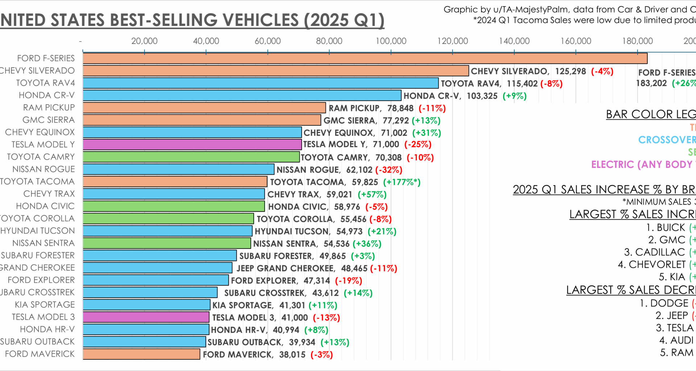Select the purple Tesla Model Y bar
(x=192, y=145)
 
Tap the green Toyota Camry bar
(x=191, y=157)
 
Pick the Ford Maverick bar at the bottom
(x=141, y=354)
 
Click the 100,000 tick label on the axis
(x=391, y=41)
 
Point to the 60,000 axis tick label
(x=268, y=41)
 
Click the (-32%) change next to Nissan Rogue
(x=389, y=170)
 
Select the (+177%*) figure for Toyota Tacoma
(x=402, y=182)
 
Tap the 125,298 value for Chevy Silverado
(x=571, y=71)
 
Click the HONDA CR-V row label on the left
(x=47, y=95)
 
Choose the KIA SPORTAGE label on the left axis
(x=45, y=305)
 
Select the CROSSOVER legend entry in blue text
(x=666, y=140)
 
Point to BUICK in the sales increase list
(x=671, y=228)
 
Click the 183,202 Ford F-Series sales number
(x=651, y=83)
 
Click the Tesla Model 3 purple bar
(x=146, y=317)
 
